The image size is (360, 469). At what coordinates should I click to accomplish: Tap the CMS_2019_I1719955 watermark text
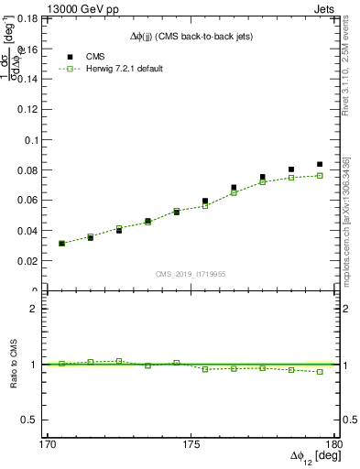[191, 274]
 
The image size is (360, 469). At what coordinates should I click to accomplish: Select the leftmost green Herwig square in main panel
[61, 244]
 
